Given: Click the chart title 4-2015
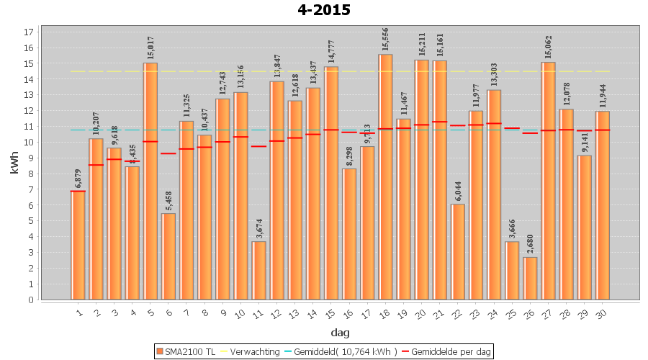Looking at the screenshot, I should [x=323, y=10].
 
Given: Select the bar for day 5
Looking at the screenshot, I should [x=150, y=180].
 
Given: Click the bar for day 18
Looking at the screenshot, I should [x=385, y=176].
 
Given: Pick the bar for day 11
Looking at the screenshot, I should [x=259, y=270].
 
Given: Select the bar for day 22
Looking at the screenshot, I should [x=458, y=251].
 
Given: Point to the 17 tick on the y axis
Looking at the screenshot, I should [x=29, y=32].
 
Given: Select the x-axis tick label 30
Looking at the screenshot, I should [x=602, y=312].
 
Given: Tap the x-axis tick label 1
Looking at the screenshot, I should [x=79, y=311].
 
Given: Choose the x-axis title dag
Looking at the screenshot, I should [x=340, y=332].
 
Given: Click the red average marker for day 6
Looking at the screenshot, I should [x=168, y=153].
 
